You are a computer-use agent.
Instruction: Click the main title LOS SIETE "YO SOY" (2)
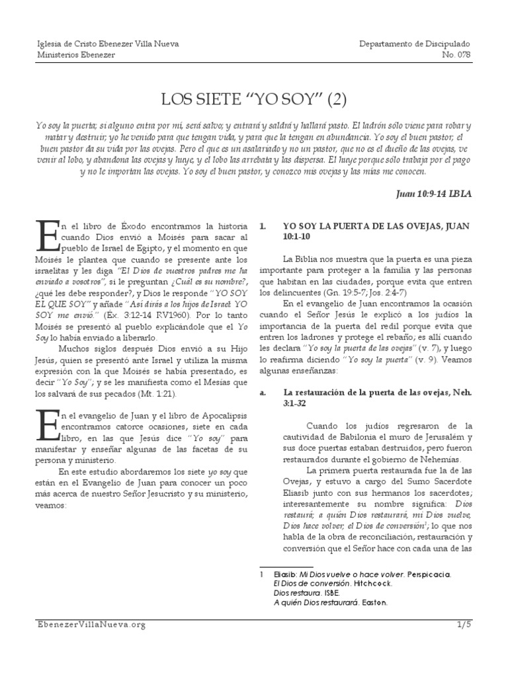click(x=254, y=100)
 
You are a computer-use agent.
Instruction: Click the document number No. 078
click(x=456, y=55)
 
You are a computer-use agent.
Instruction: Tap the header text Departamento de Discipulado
click(x=415, y=44)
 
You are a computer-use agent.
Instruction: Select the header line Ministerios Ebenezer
click(x=75, y=55)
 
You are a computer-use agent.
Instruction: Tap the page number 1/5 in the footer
click(x=464, y=624)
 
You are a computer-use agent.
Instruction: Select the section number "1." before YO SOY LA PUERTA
click(x=263, y=225)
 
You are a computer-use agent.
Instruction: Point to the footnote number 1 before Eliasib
click(x=263, y=575)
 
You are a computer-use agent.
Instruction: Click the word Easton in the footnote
click(x=372, y=602)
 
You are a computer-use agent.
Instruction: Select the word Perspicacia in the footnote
click(x=428, y=575)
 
